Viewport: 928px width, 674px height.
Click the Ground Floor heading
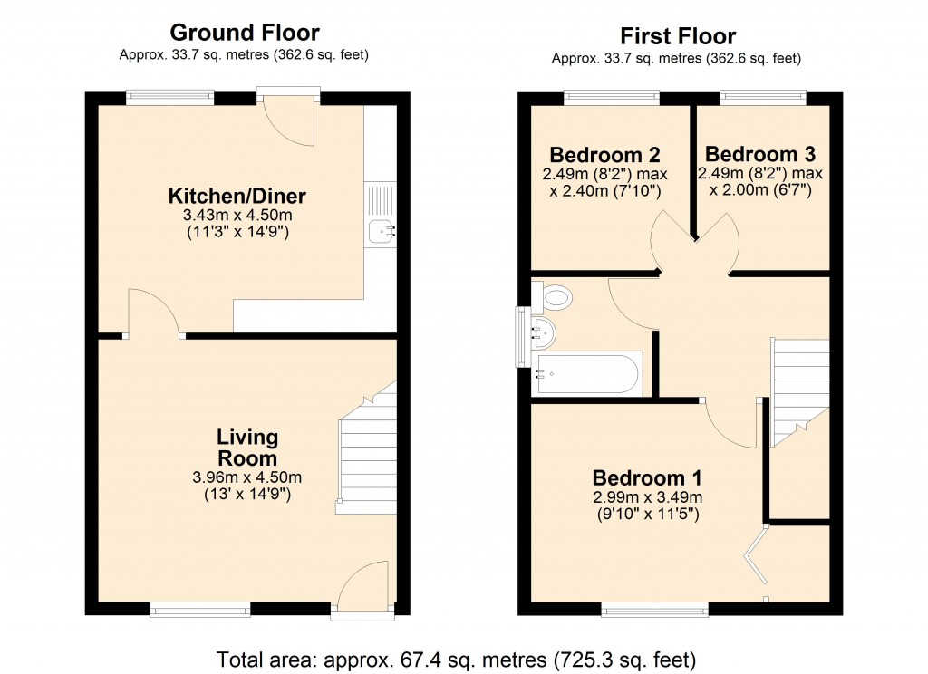click(245, 34)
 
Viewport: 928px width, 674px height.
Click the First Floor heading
click(677, 36)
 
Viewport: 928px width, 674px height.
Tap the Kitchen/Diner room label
click(237, 196)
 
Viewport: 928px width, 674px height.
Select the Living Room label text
click(246, 448)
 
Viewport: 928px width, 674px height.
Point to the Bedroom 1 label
click(647, 477)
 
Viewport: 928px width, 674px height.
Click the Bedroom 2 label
click(605, 154)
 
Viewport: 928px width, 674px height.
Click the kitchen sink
click(381, 232)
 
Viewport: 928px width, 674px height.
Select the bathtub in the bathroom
click(588, 373)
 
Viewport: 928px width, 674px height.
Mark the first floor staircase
click(800, 380)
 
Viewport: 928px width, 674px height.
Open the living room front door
click(362, 587)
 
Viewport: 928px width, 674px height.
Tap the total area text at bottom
click(456, 658)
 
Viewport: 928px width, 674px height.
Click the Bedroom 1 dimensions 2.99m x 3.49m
click(647, 497)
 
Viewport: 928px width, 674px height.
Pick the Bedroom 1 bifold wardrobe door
click(755, 557)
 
